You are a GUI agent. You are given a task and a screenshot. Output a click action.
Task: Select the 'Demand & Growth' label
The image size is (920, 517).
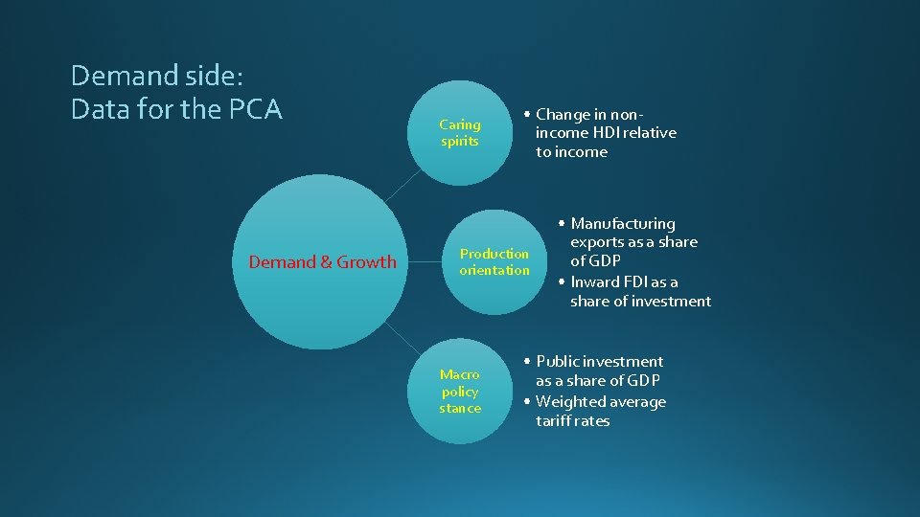pyautogui.click(x=322, y=262)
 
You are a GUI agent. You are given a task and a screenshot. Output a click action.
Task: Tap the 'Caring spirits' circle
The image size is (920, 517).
pyautogui.click(x=460, y=133)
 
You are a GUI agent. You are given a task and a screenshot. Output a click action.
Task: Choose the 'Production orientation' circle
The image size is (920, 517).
pyautogui.click(x=494, y=261)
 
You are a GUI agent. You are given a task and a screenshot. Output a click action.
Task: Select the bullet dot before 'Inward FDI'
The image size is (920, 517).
pyautogui.click(x=563, y=282)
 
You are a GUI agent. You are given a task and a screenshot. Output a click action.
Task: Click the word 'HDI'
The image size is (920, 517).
pyautogui.click(x=602, y=133)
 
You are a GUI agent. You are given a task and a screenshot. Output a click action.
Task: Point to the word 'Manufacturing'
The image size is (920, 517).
pyautogui.click(x=623, y=224)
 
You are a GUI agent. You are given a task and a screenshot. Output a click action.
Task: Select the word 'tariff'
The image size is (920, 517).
pyautogui.click(x=553, y=421)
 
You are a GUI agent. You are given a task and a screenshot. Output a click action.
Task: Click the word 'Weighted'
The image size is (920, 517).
pyautogui.click(x=568, y=402)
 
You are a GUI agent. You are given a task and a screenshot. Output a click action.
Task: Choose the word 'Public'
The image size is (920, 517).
pyautogui.click(x=559, y=362)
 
